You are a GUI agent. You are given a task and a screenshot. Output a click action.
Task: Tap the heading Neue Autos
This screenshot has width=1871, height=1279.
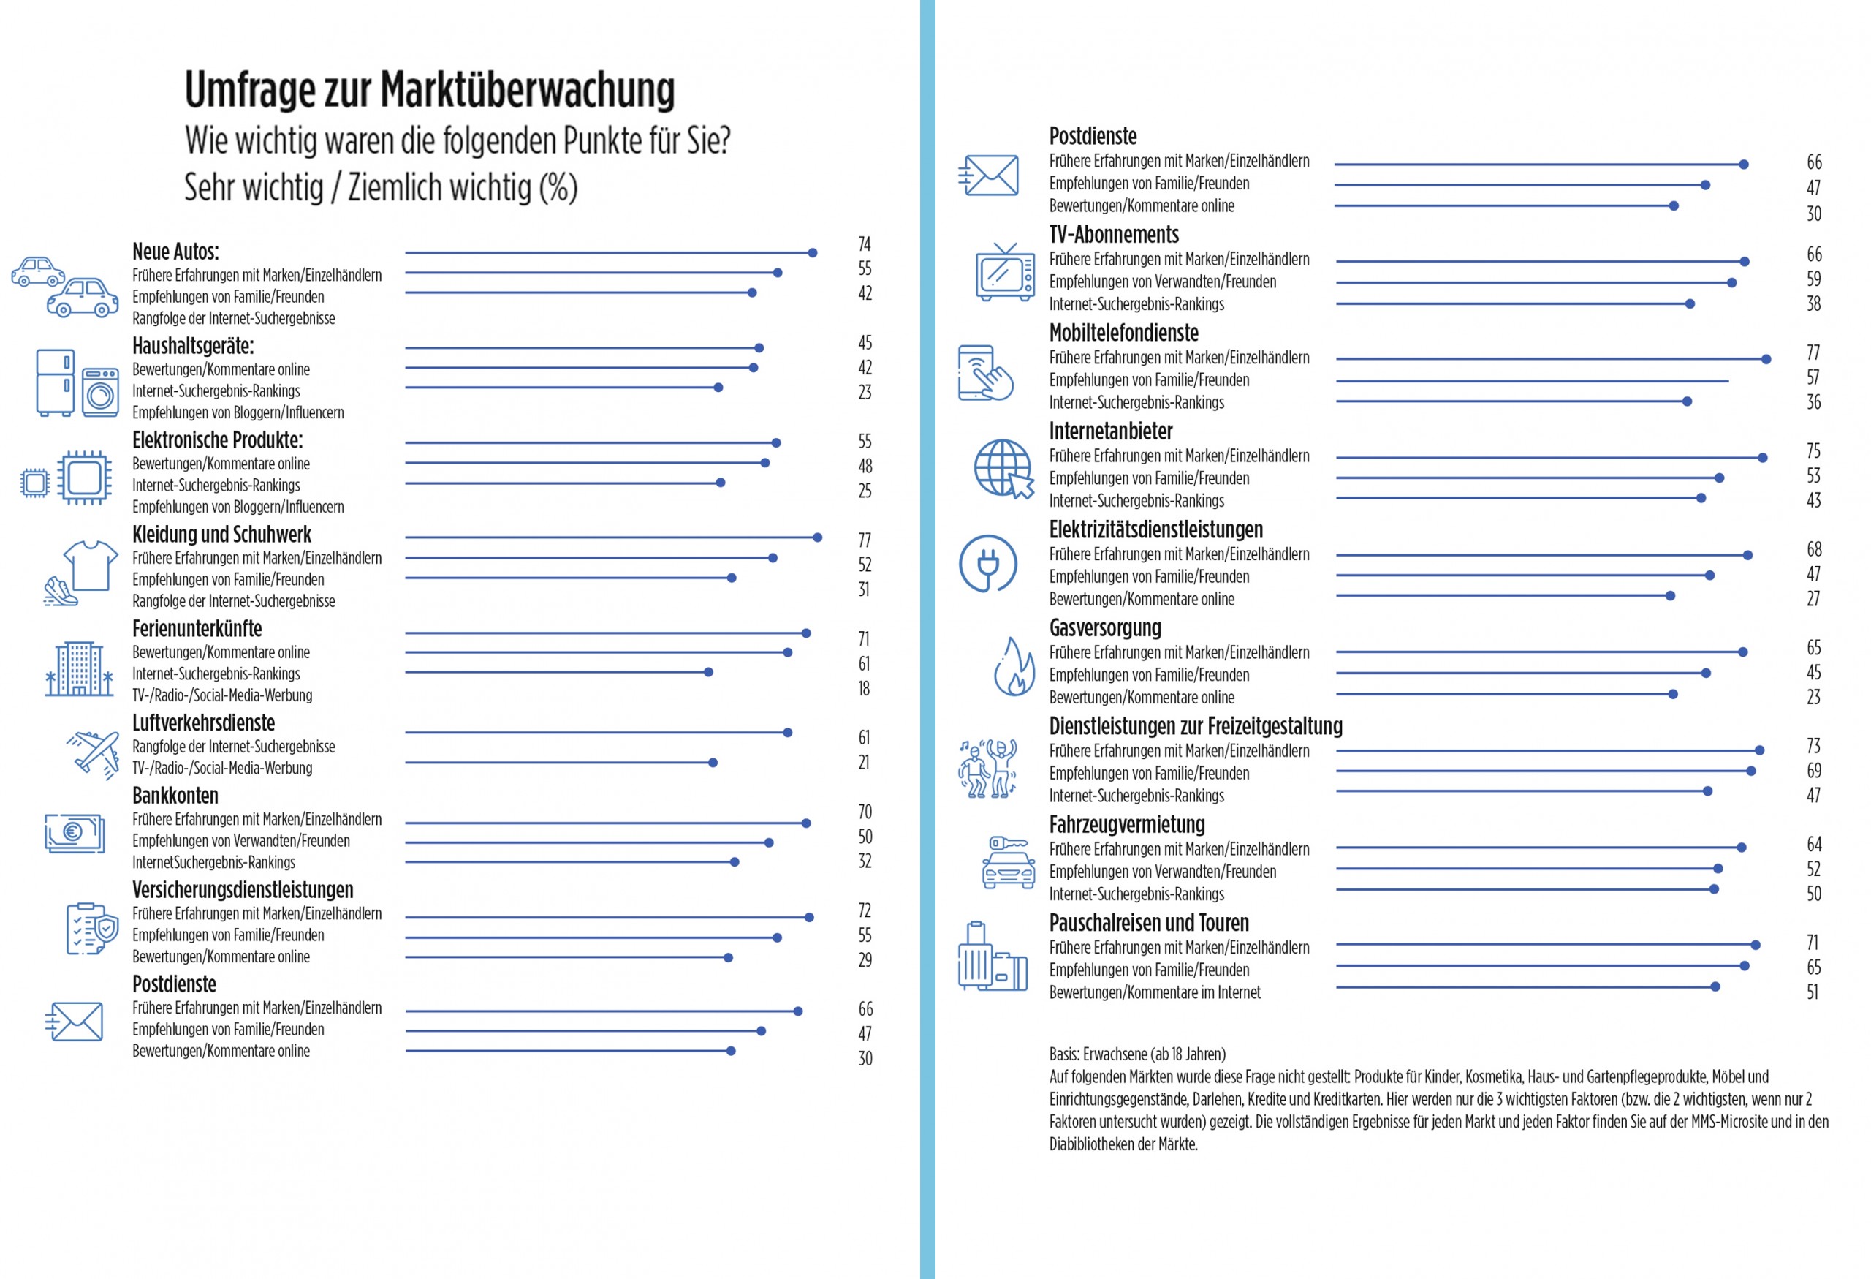pyautogui.click(x=175, y=252)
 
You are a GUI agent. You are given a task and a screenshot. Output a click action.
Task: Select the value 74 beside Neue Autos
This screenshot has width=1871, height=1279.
pyautogui.click(x=865, y=244)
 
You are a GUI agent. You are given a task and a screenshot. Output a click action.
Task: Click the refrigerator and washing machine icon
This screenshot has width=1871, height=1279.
pyautogui.click(x=77, y=382)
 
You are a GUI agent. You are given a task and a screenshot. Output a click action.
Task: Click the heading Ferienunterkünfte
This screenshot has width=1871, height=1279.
pyautogui.click(x=197, y=628)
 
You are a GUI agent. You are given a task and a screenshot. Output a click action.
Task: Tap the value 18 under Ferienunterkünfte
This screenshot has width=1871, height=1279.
pyautogui.click(x=864, y=689)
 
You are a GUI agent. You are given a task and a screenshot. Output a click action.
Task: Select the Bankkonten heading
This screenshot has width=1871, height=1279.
pyautogui.click(x=175, y=796)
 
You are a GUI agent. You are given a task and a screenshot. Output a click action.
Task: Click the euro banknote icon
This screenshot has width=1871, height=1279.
pyautogui.click(x=75, y=833)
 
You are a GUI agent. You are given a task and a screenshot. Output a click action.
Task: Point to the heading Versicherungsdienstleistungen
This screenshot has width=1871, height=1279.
pyautogui.click(x=243, y=890)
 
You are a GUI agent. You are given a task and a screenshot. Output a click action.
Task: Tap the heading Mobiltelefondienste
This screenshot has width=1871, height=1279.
pyautogui.click(x=1123, y=333)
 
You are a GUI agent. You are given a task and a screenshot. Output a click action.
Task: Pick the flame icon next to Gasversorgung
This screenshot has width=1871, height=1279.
pyautogui.click(x=1014, y=667)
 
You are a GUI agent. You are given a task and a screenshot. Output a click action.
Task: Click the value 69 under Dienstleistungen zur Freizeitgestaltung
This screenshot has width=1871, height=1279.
pyautogui.click(x=1814, y=771)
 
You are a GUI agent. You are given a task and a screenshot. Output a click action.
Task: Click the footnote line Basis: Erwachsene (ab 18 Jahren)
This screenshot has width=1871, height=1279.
pyautogui.click(x=1136, y=1054)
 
